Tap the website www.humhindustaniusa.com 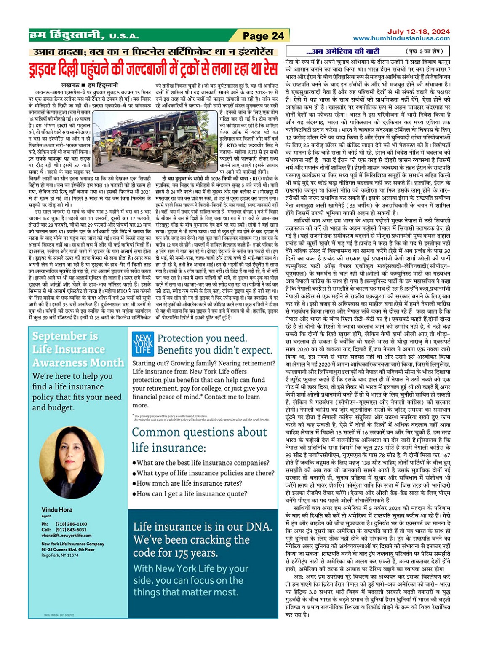pyautogui.click(x=401, y=38)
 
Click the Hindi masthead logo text pyautogui.click(x=67, y=35)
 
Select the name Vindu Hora pyautogui.click(x=57, y=509)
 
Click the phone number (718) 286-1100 pyautogui.click(x=71, y=524)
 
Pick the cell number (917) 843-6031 pyautogui.click(x=71, y=530)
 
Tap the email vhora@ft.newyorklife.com pyautogui.click(x=66, y=536)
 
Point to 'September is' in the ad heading pyautogui.click(x=65, y=336)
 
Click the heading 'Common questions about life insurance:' pyautogui.click(x=199, y=440)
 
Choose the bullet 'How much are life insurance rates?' pyautogui.click(x=189, y=483)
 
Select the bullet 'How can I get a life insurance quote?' pyautogui.click(x=192, y=494)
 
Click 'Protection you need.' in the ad pyautogui.click(x=202, y=338)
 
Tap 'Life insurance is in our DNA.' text pyautogui.click(x=203, y=526)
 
